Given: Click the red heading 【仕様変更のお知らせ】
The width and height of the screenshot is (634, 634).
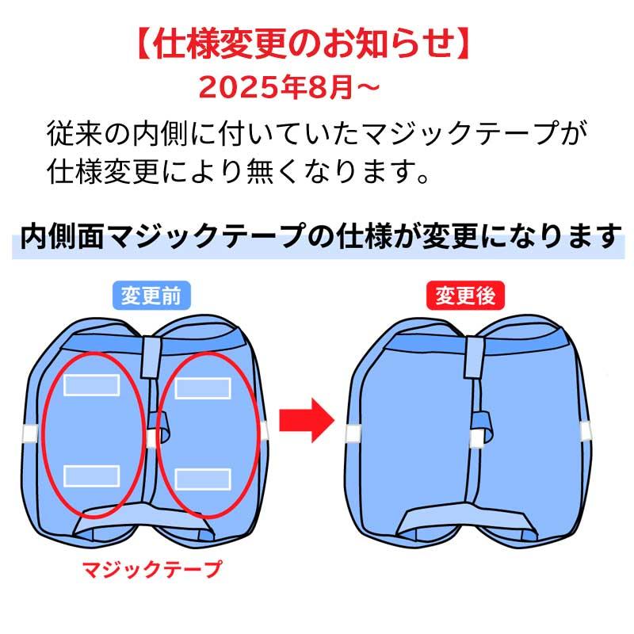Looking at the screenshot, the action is pos(304,44).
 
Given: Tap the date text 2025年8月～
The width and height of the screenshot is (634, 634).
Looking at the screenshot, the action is pos(289,87).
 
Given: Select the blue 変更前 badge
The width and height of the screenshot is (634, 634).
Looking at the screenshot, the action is pos(151,296).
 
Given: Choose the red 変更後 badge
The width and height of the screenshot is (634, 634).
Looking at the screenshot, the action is pos(465,296).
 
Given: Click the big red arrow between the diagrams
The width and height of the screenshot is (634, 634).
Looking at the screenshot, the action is pos(307,421).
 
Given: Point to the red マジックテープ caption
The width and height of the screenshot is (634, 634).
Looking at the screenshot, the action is pos(152,569).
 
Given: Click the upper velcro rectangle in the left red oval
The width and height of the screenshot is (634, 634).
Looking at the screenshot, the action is pos(92,385).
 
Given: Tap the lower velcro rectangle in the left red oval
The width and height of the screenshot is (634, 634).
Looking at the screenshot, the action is pos(92,476).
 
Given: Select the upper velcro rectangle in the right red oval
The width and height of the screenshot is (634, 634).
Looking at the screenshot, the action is pos(203,388).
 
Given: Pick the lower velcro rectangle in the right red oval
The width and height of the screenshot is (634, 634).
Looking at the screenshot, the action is pos(203,479).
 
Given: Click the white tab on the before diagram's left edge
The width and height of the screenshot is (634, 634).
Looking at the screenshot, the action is pos(30,433).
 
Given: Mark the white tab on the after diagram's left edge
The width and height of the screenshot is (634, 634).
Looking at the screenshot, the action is pos(353,433).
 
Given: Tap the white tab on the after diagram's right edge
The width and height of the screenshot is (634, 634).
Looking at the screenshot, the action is pos(586,431).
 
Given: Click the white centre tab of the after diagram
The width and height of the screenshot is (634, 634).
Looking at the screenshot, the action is pos(477,439).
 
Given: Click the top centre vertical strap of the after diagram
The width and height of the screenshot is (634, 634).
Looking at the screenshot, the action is pos(474,357).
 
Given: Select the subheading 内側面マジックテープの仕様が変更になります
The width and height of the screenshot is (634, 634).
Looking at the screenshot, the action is pos(320,236).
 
